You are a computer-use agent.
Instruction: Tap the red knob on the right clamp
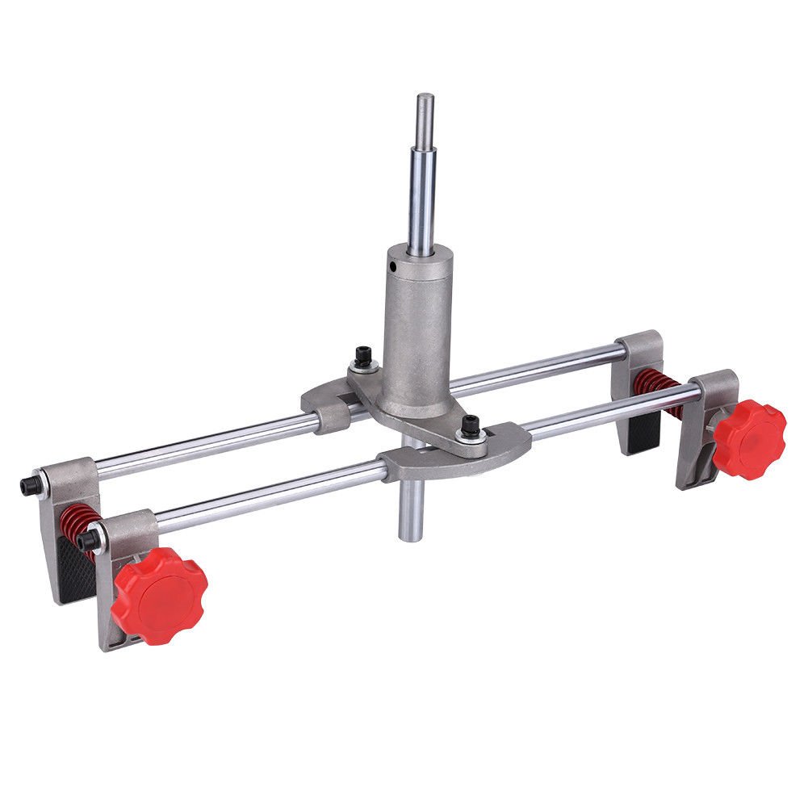point(749,438)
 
